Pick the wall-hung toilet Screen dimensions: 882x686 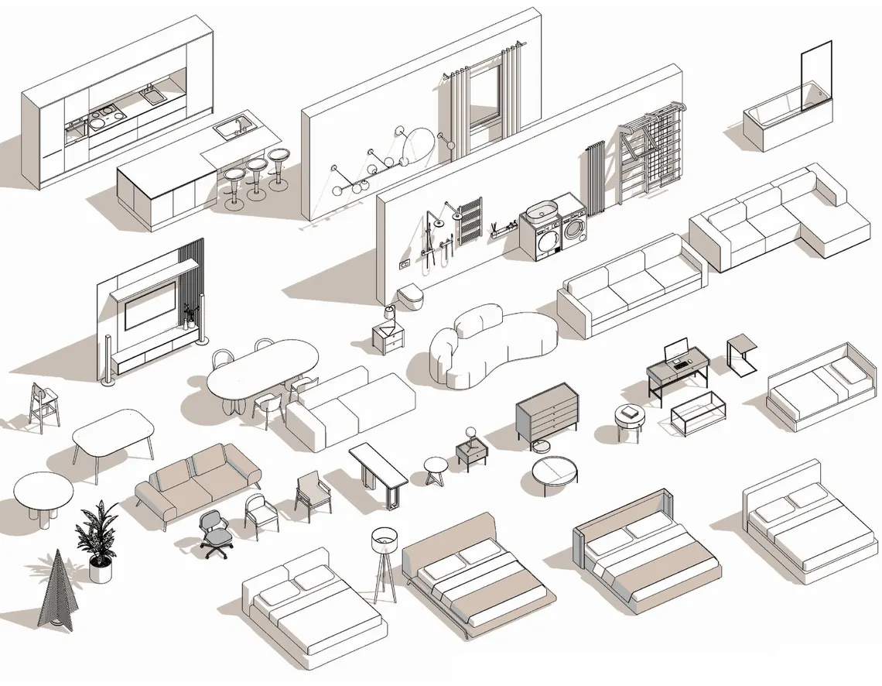click(408, 297)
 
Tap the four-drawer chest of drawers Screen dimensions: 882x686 click(546, 417)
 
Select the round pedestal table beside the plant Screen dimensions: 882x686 click(43, 492)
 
